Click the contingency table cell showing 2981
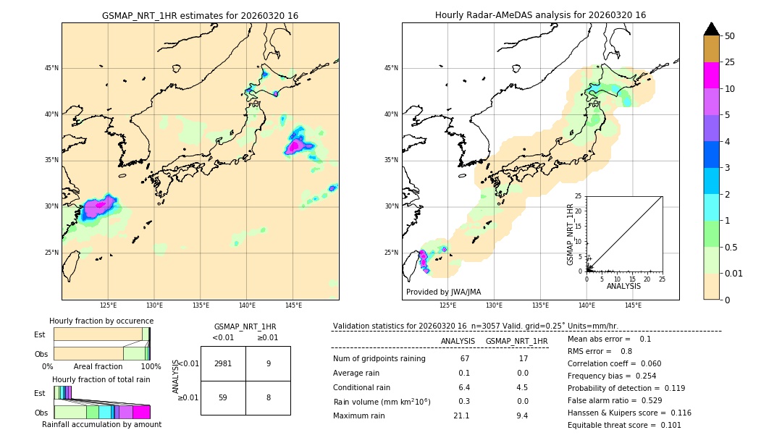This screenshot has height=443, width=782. [x=223, y=364]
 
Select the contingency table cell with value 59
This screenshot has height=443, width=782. [x=223, y=397]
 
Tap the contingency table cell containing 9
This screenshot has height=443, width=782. [x=268, y=364]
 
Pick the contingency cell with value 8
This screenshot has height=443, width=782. [x=268, y=397]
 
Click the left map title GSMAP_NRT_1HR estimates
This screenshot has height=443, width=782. [x=200, y=15]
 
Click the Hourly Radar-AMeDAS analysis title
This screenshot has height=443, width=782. [x=540, y=15]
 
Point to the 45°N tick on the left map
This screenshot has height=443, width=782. [x=51, y=68]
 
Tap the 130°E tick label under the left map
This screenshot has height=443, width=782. [x=154, y=305]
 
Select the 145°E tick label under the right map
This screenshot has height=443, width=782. [x=633, y=305]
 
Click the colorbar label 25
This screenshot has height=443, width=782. [x=730, y=62]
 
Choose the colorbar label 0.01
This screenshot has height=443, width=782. [x=733, y=273]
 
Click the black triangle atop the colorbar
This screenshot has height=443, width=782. [x=712, y=29]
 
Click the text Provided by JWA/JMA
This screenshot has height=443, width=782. [x=443, y=292]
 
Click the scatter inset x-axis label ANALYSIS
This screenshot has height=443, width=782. [x=623, y=287]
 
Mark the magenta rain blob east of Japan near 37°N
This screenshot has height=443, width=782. [x=294, y=147]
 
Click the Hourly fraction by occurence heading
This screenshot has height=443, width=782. [x=101, y=321]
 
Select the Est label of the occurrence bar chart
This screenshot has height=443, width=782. [x=40, y=334]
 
